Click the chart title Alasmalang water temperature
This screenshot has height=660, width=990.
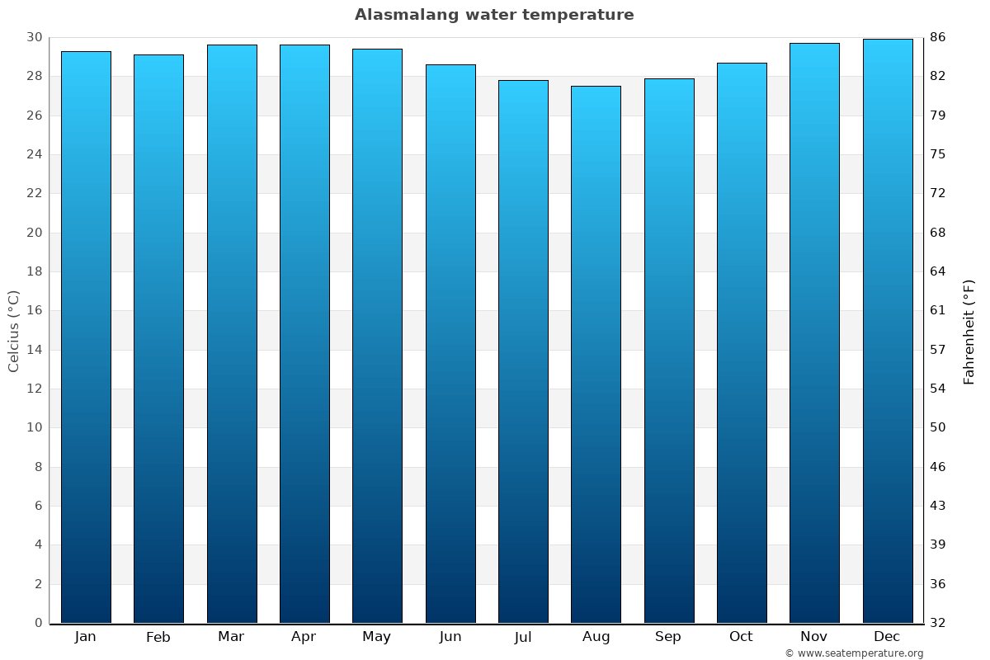pos(494,15)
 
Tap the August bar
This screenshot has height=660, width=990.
pos(596,354)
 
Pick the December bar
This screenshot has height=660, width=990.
pos(888,331)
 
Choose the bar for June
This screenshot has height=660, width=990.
pos(450,343)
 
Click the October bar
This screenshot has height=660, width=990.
pos(742,342)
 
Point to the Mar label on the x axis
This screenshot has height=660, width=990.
pos(231,637)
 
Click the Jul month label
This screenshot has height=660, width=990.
pos(523,637)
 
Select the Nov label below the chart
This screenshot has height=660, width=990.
pos(814,637)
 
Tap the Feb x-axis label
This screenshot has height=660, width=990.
pos(158,637)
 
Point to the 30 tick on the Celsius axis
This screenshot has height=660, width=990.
pos(34,38)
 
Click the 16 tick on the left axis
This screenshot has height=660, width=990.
pos(34,311)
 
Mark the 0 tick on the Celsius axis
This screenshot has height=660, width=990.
pos(38,623)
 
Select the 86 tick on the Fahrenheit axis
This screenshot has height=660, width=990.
pos(938,38)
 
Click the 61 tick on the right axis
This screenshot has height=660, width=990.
pos(938,311)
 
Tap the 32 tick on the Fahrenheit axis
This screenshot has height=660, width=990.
pos(938,623)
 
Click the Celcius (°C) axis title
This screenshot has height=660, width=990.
pos(14,331)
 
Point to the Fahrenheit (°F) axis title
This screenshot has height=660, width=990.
pos(969,331)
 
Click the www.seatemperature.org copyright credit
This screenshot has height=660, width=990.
pos(854,653)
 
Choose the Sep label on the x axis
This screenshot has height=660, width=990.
pos(668,637)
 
